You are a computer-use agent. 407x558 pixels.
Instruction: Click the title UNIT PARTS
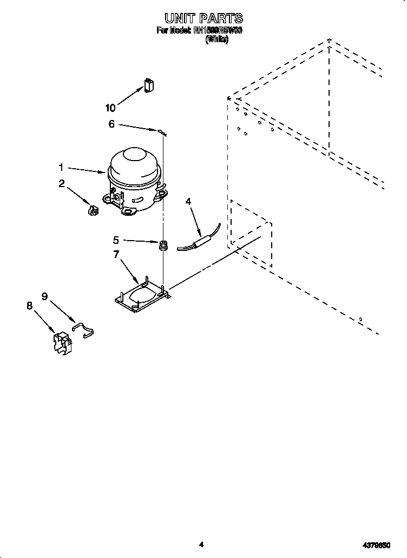[x=200, y=19]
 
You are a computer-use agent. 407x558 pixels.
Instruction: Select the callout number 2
[x=61, y=184]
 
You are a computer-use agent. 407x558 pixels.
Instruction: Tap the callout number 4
[x=188, y=202]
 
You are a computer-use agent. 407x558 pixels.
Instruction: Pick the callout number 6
[x=111, y=124]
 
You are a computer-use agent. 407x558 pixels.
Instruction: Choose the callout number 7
[x=116, y=254]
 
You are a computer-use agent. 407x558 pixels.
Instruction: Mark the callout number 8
[x=29, y=305]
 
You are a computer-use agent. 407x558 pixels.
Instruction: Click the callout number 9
[x=45, y=296]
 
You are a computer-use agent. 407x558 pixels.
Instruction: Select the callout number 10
[x=110, y=107]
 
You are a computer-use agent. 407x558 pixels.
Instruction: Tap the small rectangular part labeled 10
[x=149, y=86]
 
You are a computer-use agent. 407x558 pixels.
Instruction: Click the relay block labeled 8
[x=64, y=344]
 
